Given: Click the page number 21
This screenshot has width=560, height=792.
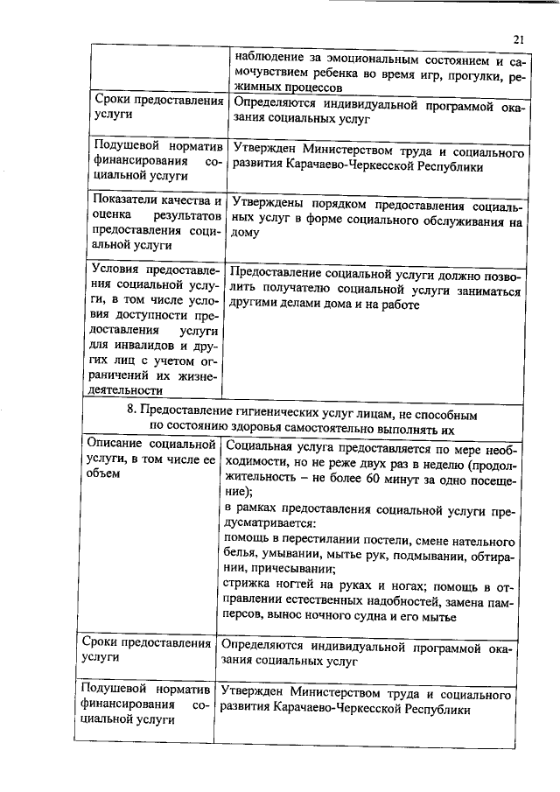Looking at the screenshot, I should click(x=518, y=39).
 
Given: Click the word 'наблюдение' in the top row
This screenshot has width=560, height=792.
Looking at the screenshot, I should click(x=268, y=60).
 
